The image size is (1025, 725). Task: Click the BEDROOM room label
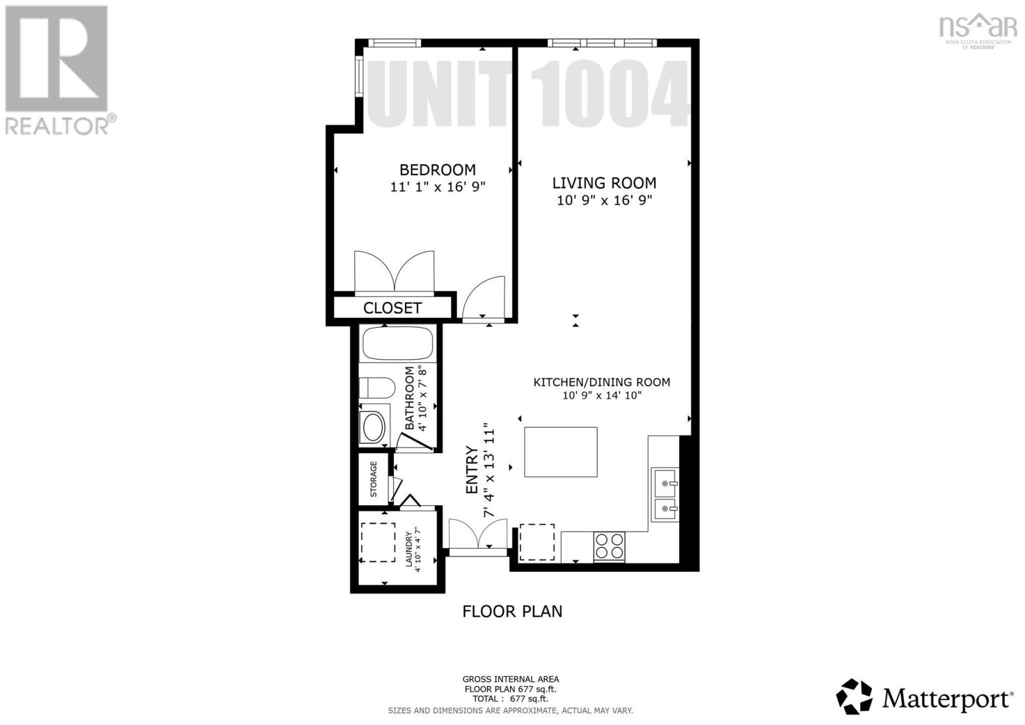[x=438, y=170]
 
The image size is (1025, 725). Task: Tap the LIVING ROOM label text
[x=604, y=183]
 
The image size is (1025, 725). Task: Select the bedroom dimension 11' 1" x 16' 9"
[x=438, y=187]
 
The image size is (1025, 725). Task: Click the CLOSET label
[x=392, y=308]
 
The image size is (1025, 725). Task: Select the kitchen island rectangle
[x=561, y=452]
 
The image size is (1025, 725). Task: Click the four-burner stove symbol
[x=609, y=546]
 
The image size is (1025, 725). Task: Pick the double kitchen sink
[x=664, y=494]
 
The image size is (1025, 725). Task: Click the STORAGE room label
[x=373, y=479]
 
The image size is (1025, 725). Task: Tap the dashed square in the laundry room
[x=377, y=542]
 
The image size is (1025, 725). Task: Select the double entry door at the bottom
[x=478, y=535]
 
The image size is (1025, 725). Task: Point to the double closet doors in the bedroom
[x=395, y=272]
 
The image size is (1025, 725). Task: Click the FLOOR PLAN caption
[x=512, y=612]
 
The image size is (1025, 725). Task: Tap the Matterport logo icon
[x=855, y=696]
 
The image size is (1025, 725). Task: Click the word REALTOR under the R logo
[x=57, y=126]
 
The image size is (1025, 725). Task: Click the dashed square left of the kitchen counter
[x=537, y=542]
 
